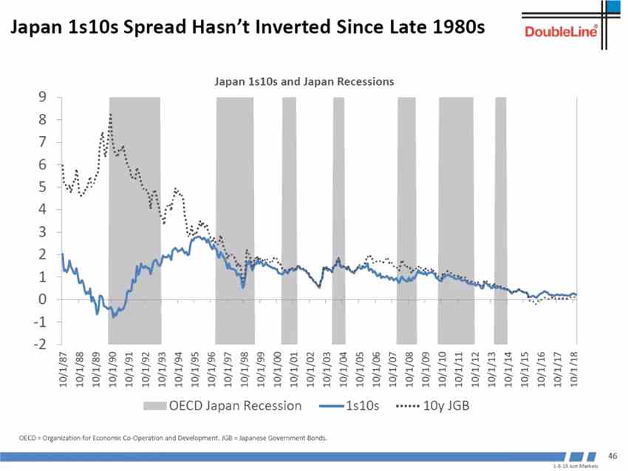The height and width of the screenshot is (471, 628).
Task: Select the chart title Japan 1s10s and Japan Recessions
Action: [304, 81]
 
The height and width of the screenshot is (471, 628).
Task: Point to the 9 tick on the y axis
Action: [43, 97]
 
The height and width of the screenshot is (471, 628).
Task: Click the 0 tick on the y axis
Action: [43, 299]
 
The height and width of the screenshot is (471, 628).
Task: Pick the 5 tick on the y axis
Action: [43, 187]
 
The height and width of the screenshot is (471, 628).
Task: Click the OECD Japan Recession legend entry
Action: [222, 406]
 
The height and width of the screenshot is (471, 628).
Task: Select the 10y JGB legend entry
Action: [437, 406]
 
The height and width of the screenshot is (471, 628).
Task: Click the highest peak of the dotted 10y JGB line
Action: [110, 115]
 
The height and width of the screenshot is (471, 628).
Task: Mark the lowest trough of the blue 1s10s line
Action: [114, 316]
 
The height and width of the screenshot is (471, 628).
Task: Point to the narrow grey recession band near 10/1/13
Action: [500, 220]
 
